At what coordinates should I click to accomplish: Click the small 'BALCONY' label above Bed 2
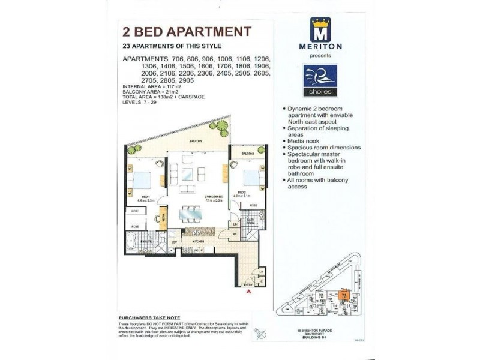click(x=248, y=154)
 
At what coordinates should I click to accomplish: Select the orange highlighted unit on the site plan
click(x=344, y=295)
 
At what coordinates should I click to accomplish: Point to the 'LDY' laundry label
click(x=175, y=242)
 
